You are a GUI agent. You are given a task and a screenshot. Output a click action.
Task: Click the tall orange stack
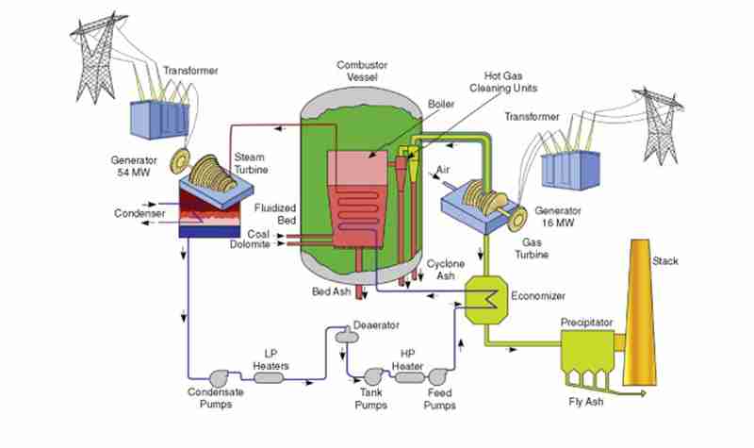[x=640, y=313]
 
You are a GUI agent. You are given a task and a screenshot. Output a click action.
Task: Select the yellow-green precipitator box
[x=587, y=350]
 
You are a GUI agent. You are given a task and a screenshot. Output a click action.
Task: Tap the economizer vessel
[x=486, y=299]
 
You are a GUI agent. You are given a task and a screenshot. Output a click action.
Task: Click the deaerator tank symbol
[x=346, y=337]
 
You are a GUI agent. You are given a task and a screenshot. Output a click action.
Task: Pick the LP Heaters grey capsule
[x=269, y=378]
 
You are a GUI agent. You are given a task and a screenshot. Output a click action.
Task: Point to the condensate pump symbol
[x=219, y=378]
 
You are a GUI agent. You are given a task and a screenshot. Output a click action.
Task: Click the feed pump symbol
[x=437, y=376]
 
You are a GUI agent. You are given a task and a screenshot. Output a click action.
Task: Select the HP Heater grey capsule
[x=410, y=377]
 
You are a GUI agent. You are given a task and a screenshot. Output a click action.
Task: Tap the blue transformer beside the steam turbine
[x=159, y=120]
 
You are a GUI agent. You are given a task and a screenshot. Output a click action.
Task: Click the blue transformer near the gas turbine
[x=570, y=170]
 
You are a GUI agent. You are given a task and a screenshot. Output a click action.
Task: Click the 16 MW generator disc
[x=517, y=219]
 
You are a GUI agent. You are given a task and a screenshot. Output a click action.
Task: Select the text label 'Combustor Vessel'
[x=362, y=71]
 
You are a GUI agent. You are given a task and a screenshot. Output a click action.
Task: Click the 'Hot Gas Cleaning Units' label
[x=503, y=82]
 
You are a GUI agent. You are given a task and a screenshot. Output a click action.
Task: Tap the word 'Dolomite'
[x=250, y=244]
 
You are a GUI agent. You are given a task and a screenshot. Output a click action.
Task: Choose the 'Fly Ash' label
[x=585, y=402]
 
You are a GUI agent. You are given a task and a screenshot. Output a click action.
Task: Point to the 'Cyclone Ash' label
[x=446, y=270]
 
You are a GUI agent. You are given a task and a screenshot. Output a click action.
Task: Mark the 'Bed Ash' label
[x=332, y=291]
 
